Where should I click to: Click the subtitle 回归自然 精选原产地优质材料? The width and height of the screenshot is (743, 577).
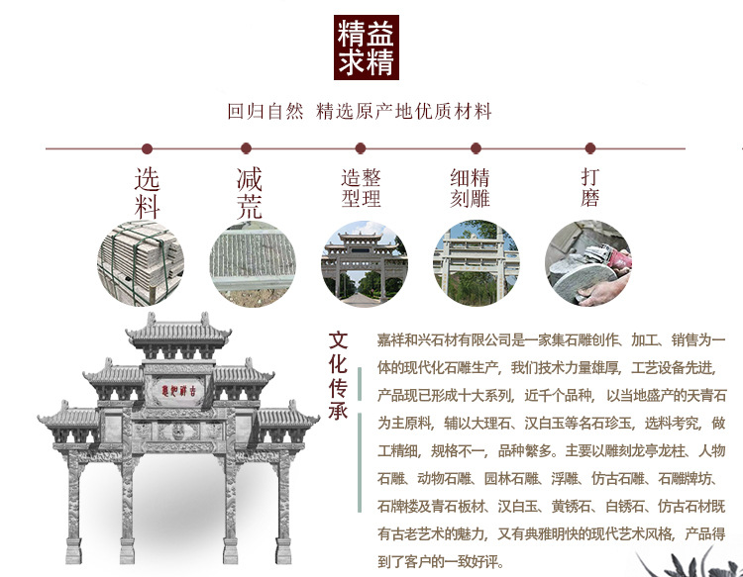[x=360, y=111]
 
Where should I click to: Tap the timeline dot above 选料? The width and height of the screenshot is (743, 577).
[x=147, y=148]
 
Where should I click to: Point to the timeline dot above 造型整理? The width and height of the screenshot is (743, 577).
[x=361, y=148]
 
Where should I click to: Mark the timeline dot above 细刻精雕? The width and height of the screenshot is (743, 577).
[x=476, y=148]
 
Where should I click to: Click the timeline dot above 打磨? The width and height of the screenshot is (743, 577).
[x=590, y=148]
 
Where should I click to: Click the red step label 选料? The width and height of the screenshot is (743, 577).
[x=147, y=193]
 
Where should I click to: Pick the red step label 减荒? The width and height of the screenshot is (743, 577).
[x=250, y=193]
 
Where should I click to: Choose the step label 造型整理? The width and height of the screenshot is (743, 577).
[x=361, y=188]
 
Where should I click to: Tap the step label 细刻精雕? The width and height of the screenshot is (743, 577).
[x=471, y=188]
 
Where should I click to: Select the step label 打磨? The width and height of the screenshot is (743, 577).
[x=590, y=188]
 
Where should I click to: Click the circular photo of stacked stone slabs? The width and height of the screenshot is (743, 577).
[x=140, y=262]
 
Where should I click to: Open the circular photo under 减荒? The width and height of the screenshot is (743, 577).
[x=252, y=262]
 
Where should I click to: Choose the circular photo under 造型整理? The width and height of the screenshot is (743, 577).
[x=364, y=262]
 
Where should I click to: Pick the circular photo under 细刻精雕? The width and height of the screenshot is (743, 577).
[x=476, y=262]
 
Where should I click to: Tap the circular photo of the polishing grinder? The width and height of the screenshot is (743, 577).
[x=587, y=262]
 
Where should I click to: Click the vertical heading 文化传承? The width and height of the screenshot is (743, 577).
[x=339, y=375]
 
